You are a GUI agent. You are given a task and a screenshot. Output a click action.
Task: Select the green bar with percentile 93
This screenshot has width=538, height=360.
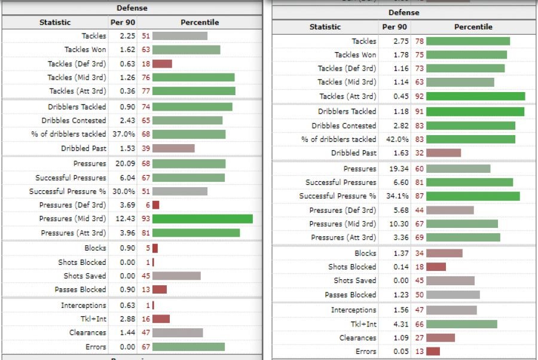click(202, 219)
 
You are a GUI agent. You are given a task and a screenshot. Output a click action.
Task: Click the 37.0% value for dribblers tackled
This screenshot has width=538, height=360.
click(123, 134)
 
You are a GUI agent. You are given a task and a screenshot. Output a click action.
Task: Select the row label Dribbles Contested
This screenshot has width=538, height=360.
click(344, 126)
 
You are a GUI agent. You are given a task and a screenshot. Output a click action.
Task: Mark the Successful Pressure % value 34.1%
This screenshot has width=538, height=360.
click(396, 196)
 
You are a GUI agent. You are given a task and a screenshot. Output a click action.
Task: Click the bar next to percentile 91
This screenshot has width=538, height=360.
click(475, 111)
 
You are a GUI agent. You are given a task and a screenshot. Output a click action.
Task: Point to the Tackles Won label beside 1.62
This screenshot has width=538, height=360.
click(85, 50)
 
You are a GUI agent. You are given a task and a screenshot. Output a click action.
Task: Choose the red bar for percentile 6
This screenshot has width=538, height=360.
click(155, 205)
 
